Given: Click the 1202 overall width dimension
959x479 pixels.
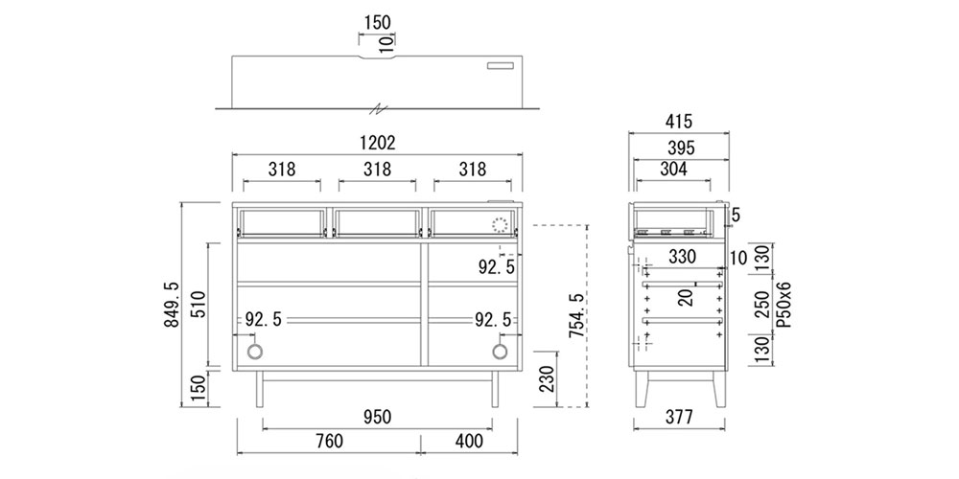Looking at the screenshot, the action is click(377, 143).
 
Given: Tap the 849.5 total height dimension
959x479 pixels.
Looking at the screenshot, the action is click(172, 305).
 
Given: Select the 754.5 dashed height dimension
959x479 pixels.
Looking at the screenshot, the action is click(577, 315).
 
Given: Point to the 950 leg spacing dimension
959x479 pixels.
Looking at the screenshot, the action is click(377, 418).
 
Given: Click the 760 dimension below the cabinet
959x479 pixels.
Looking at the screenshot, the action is click(329, 441).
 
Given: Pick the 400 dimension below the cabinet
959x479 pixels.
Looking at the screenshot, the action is click(469, 441).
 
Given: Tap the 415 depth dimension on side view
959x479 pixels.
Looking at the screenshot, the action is click(679, 122).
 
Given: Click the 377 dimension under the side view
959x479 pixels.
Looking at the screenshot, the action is click(679, 418).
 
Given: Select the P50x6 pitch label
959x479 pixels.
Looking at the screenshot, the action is click(784, 305).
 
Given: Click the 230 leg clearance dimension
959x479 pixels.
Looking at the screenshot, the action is click(547, 379).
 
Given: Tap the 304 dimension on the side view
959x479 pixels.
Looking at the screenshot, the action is click(673, 170).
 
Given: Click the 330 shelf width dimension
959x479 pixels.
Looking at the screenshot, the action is click(682, 257).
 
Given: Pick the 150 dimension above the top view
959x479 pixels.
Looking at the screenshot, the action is click(377, 23).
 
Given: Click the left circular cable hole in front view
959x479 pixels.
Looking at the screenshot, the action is click(255, 352).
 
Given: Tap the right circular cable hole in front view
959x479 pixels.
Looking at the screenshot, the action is click(500, 352).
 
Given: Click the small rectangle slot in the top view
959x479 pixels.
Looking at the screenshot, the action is click(502, 65).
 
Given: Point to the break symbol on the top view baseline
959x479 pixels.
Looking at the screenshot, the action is click(381, 109).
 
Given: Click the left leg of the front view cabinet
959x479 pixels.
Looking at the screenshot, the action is click(260, 389).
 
